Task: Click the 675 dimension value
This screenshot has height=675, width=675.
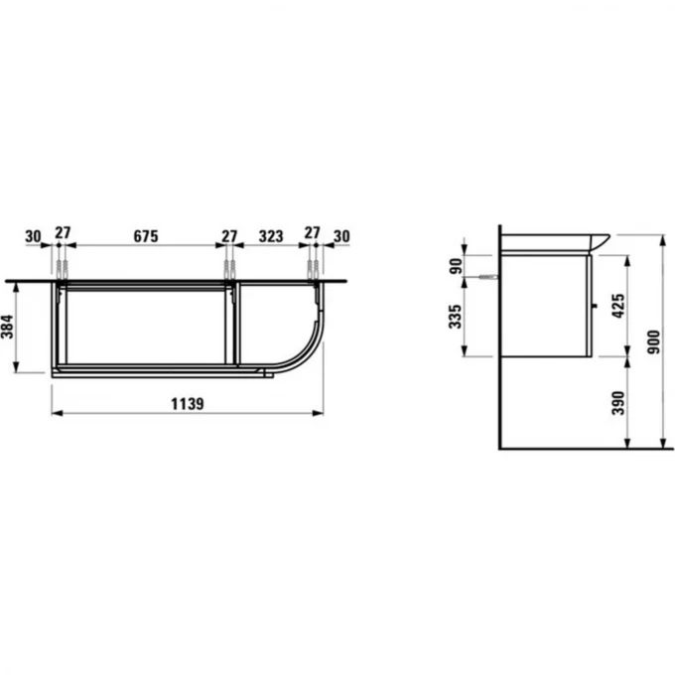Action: coord(146,236)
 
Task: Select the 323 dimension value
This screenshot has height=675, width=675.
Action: coord(271,236)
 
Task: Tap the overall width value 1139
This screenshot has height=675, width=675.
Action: coord(186,403)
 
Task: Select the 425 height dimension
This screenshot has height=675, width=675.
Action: coord(618,304)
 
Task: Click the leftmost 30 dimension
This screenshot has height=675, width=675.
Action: coord(32,236)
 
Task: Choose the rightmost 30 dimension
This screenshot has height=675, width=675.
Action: coord(341,236)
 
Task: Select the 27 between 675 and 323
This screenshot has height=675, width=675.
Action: coord(230,236)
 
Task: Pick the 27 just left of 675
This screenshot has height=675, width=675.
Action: coord(62,236)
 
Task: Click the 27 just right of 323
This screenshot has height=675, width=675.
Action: coord(313,236)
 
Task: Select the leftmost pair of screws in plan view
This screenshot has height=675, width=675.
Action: coord(62,269)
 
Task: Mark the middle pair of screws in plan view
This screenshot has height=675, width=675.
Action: coord(230,269)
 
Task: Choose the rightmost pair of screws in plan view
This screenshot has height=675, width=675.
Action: coord(313,269)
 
